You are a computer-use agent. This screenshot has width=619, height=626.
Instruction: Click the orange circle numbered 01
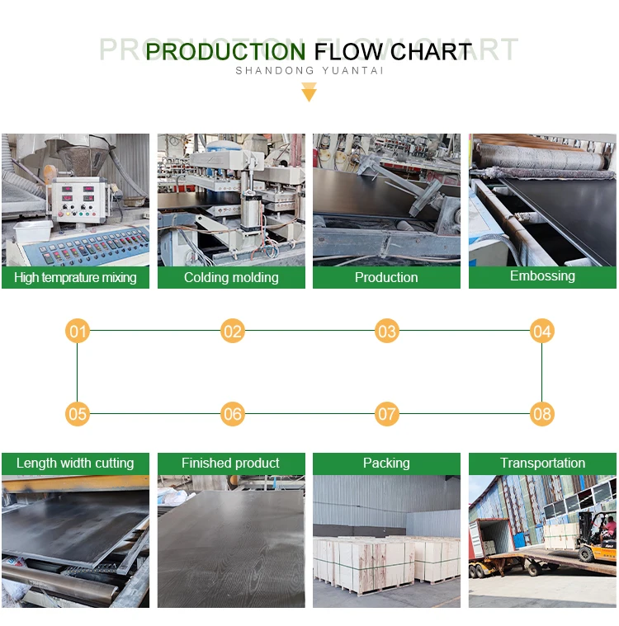point(78,332)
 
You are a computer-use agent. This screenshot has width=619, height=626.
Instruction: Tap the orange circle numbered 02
point(233,332)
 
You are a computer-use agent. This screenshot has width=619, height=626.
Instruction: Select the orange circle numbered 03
point(386,332)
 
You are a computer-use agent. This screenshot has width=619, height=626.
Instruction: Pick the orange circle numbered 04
point(541,332)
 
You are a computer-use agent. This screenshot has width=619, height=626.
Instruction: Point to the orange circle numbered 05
point(78,413)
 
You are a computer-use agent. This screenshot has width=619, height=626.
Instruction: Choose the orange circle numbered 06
point(233,413)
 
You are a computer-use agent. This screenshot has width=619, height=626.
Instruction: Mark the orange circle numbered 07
point(386,413)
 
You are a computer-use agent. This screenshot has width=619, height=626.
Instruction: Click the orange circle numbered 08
point(541,413)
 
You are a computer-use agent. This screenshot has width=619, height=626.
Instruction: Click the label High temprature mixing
point(75,278)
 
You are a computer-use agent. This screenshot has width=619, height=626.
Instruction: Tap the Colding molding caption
point(231,278)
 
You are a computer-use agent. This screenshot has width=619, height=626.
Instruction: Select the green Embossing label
point(542,276)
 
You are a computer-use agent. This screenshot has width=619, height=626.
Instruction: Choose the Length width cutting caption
point(75,464)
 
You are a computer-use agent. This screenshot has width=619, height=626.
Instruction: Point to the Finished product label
point(231,464)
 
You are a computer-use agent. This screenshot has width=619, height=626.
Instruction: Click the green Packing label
point(386,464)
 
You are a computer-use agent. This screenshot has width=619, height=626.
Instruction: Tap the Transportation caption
point(542,464)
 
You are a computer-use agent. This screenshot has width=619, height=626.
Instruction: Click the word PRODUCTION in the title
point(225,52)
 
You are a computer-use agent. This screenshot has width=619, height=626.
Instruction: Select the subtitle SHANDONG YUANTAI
point(309,71)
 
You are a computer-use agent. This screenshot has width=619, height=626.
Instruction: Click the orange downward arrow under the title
point(309,92)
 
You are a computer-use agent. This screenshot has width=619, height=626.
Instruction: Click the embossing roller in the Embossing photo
point(536,158)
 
